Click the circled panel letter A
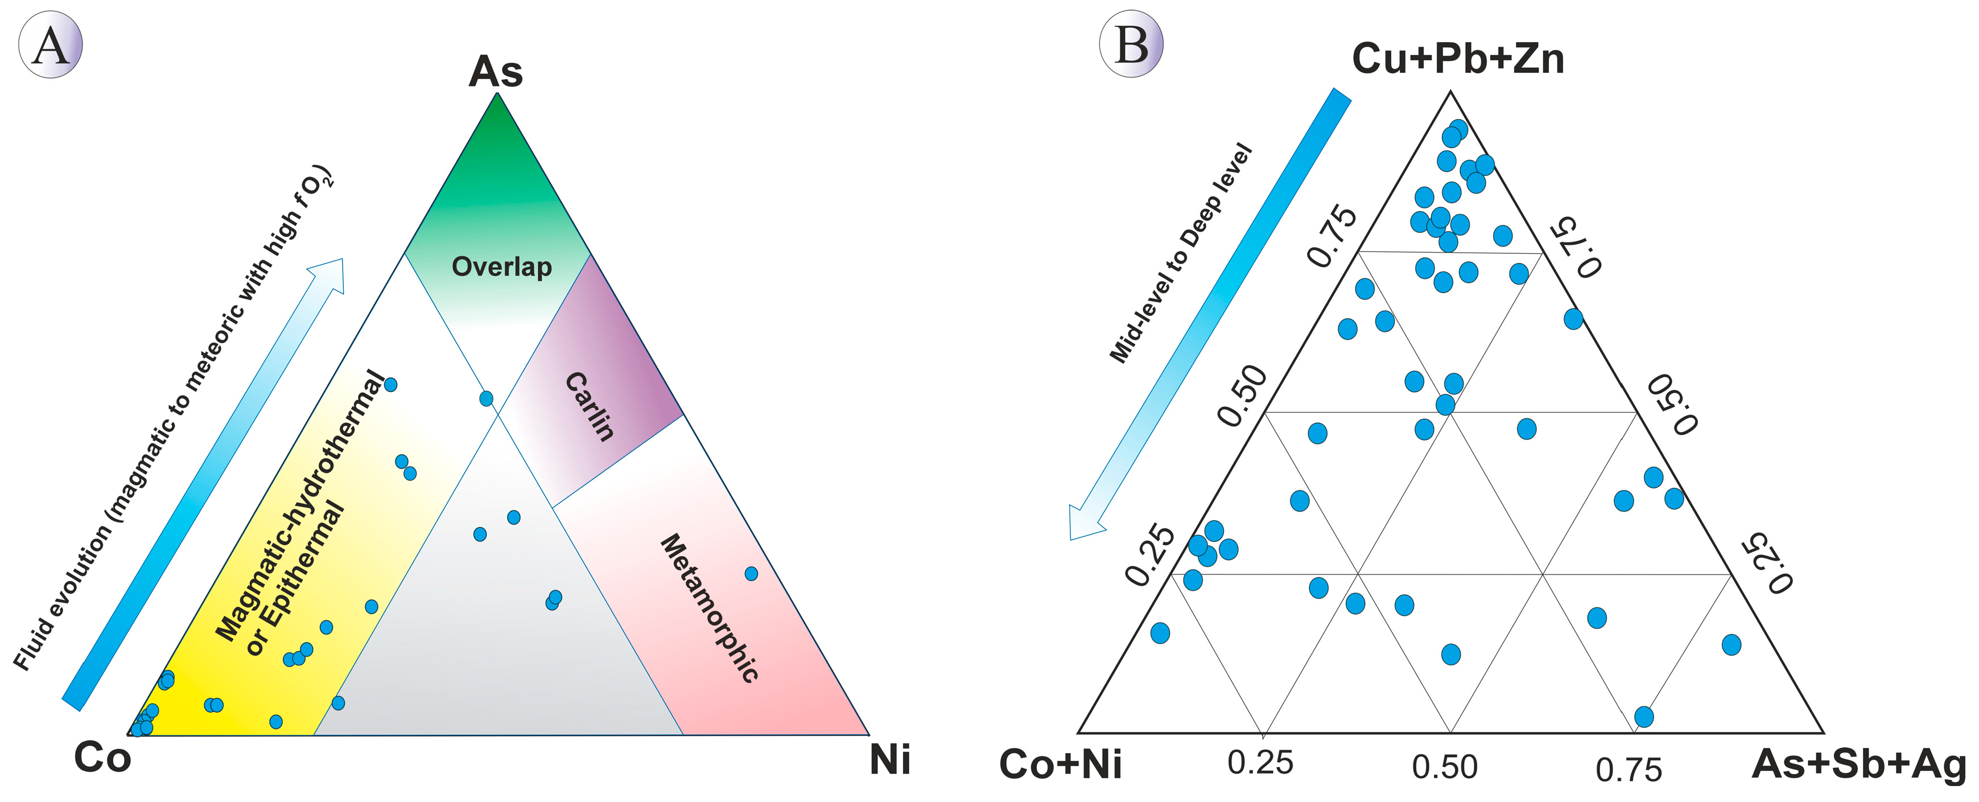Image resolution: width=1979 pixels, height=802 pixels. tap(50, 44)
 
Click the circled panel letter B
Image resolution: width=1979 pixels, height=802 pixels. tap(1131, 43)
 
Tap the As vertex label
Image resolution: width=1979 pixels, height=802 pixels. tap(496, 72)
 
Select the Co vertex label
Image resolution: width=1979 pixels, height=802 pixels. tap(102, 758)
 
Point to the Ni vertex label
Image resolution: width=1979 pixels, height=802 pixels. tap(889, 760)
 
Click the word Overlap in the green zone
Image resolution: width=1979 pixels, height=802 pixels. tap(502, 266)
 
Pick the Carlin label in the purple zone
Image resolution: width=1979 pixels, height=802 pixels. tap(590, 406)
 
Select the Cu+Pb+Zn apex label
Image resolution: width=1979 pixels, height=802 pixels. tap(1457, 59)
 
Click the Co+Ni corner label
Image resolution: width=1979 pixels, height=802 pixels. tap(1060, 764)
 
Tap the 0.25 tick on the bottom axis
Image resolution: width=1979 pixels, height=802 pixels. tap(1260, 763)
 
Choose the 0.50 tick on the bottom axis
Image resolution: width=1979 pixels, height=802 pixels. tap(1445, 767)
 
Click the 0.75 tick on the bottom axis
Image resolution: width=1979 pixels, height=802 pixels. tap(1628, 770)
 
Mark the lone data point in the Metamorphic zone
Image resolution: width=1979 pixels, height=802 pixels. tap(751, 574)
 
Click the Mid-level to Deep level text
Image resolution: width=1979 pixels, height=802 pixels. tap(1181, 253)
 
